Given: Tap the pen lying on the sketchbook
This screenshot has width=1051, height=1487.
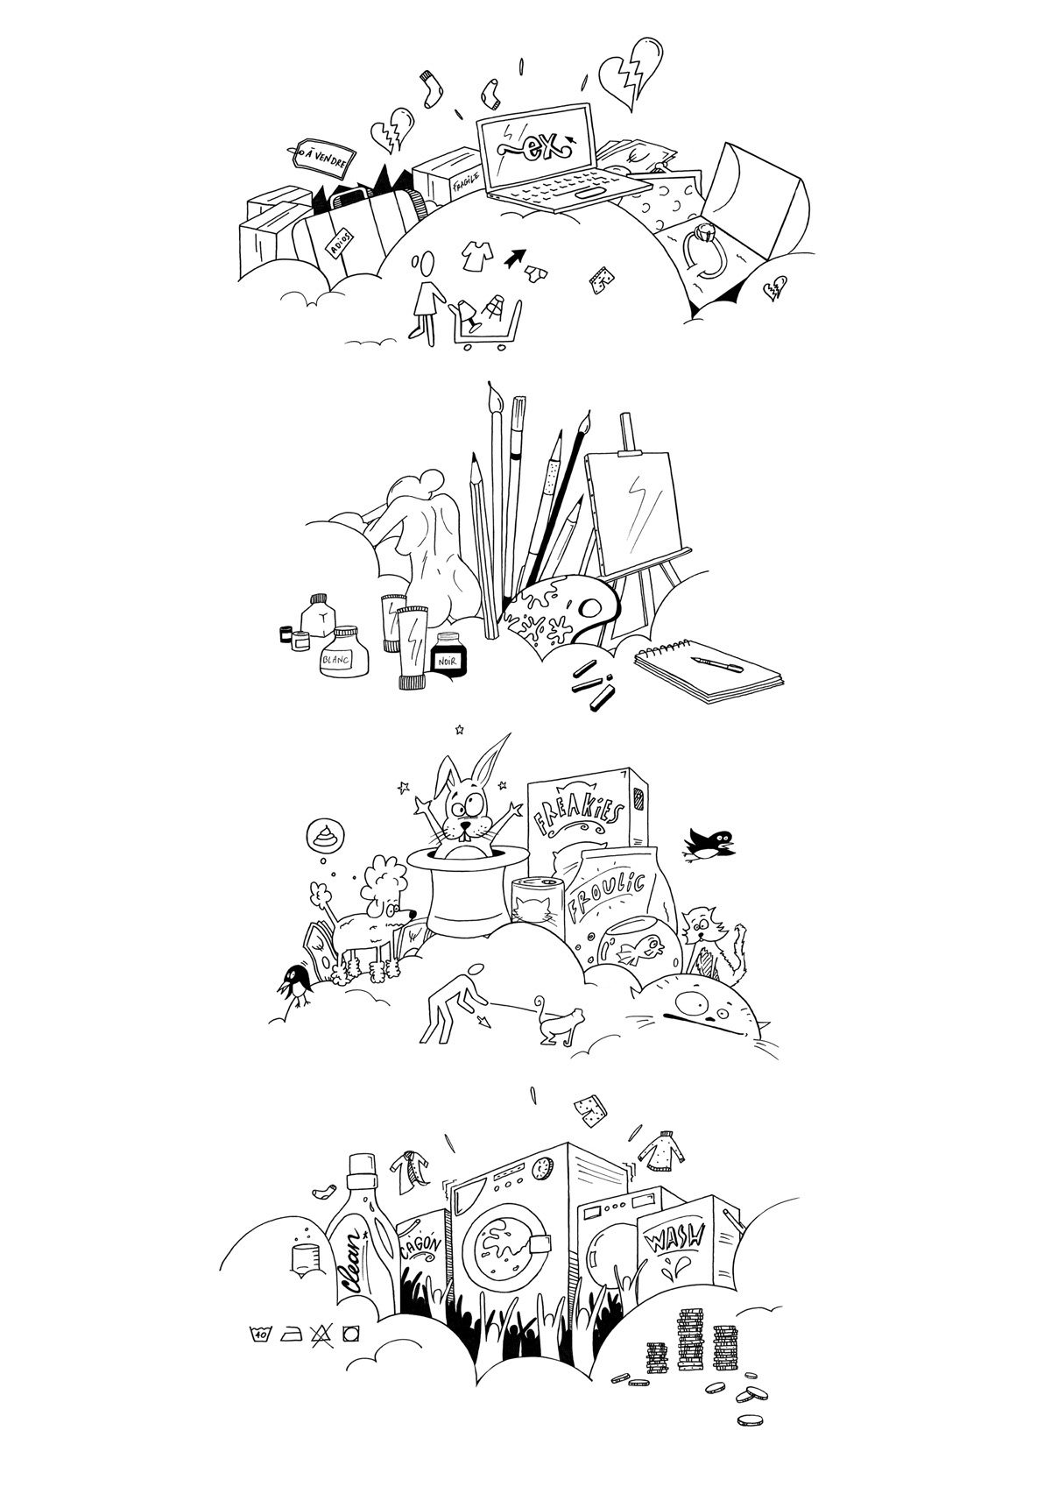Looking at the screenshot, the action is [716, 664].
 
